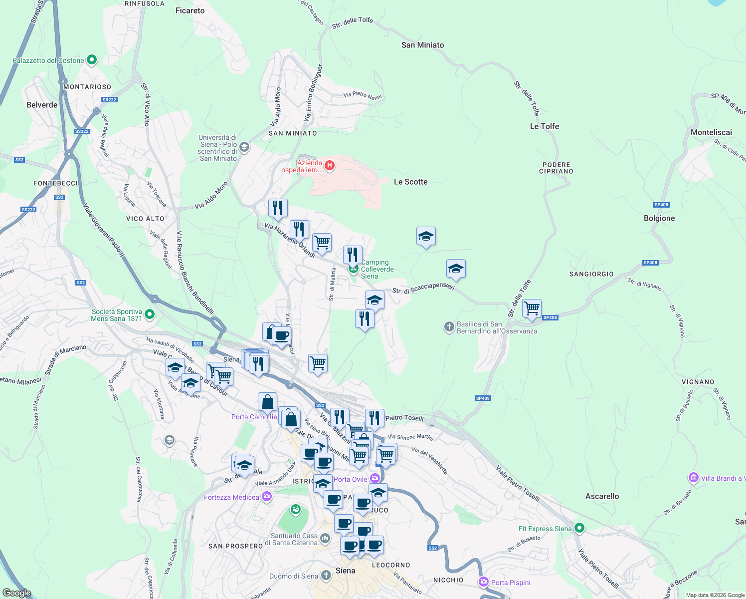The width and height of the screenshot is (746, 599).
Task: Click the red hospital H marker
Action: (329, 165)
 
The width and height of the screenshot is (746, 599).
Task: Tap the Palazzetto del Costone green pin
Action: (92, 60)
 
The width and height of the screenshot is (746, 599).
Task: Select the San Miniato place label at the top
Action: (422, 45)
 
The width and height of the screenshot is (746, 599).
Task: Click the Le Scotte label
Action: (410, 182)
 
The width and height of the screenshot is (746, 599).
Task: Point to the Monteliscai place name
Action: (711, 132)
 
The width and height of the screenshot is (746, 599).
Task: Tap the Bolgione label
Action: (659, 218)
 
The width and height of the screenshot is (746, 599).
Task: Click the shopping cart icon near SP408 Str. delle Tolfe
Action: (532, 308)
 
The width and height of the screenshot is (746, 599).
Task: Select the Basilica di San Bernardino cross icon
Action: (449, 327)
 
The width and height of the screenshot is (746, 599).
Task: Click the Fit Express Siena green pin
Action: (579, 528)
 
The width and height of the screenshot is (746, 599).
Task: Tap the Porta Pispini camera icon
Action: (483, 582)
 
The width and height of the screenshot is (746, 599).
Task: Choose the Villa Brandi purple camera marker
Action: (693, 478)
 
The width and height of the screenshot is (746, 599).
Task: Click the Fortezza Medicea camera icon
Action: (267, 496)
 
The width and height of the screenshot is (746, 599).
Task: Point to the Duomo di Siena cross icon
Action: (326, 576)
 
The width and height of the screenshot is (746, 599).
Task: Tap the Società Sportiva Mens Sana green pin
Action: (150, 314)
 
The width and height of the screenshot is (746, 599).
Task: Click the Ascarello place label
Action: (602, 496)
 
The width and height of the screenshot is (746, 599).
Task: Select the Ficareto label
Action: (190, 10)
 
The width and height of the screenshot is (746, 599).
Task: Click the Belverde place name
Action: (42, 105)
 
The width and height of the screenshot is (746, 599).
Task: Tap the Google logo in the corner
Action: (17, 593)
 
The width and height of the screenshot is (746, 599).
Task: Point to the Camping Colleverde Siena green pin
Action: (354, 270)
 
